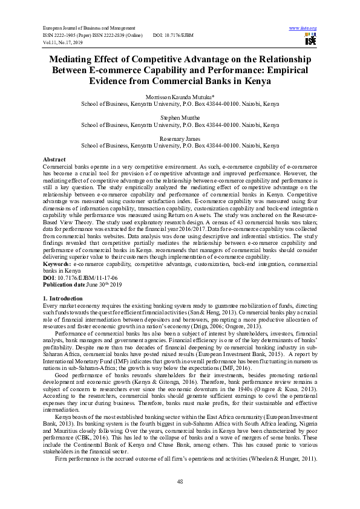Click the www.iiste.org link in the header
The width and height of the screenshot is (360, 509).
tap(303, 28)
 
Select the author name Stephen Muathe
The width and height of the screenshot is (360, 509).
tap(180, 118)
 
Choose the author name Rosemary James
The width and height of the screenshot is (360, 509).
tap(180, 139)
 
